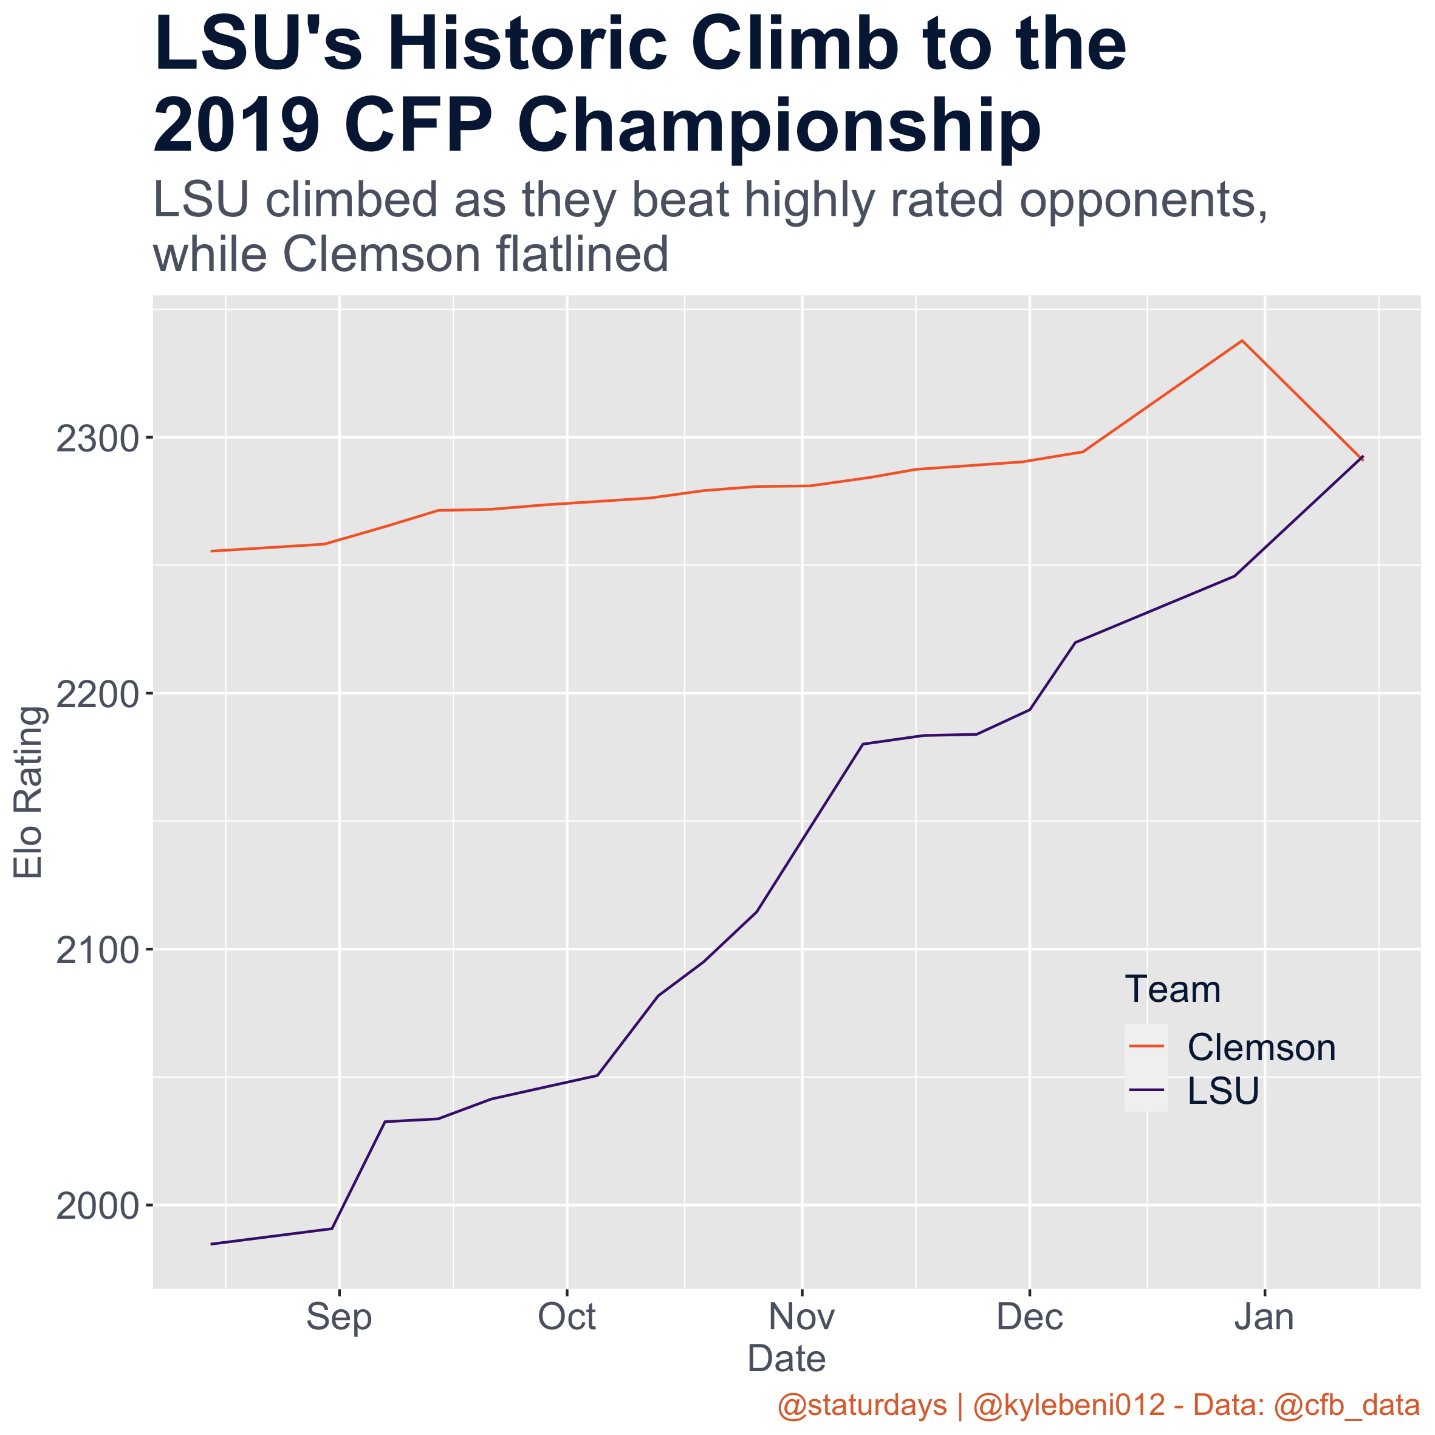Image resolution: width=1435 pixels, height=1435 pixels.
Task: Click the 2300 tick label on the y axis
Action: (x=97, y=438)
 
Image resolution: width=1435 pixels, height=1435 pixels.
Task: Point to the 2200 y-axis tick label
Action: (x=97, y=694)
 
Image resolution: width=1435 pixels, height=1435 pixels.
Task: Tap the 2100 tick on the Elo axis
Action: (x=97, y=950)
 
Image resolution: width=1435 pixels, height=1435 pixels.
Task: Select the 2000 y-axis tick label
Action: (x=97, y=1206)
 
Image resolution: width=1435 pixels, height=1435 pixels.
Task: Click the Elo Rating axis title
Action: (x=30, y=792)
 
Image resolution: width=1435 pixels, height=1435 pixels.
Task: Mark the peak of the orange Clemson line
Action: (x=1242, y=341)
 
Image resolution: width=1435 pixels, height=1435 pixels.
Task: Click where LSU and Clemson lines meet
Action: (x=1361, y=458)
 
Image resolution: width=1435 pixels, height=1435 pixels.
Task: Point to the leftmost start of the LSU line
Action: (x=213, y=1244)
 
